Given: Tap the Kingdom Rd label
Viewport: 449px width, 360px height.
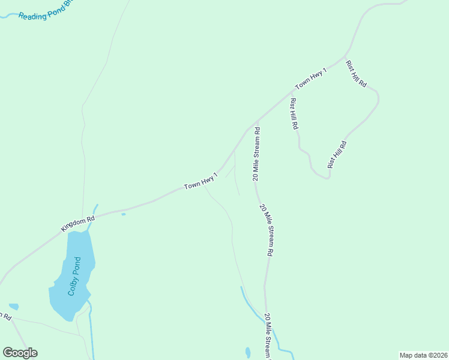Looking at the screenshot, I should point(78,224).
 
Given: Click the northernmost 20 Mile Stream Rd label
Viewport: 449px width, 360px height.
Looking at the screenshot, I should point(256,154).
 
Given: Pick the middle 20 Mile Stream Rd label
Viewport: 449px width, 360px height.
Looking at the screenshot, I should point(267,230).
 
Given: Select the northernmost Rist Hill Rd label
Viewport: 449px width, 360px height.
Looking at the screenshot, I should point(356,74).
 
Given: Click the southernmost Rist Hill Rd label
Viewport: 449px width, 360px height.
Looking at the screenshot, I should point(337,154).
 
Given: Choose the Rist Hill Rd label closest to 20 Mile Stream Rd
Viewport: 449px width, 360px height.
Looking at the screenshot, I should point(294,114).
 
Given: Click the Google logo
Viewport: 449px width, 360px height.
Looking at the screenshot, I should point(20,353).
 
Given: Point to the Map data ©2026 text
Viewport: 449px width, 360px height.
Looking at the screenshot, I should point(423,355).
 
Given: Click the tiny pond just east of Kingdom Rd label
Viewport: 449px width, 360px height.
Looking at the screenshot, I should point(123,214).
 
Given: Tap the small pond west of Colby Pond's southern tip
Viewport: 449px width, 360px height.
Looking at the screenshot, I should point(13,307).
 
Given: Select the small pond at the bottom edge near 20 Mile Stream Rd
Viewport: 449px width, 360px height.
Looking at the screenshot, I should point(248,352).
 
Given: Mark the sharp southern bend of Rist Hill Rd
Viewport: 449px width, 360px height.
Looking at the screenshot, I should point(328,178).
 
